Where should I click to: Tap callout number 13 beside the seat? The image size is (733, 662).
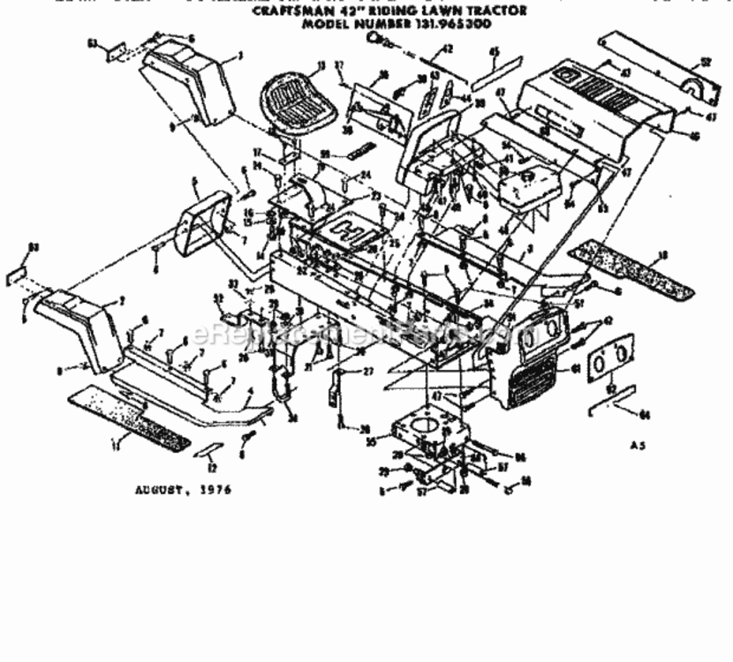[321, 64]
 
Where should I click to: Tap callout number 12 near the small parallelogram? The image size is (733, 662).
[211, 467]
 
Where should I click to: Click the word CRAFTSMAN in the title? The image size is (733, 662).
[286, 12]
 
